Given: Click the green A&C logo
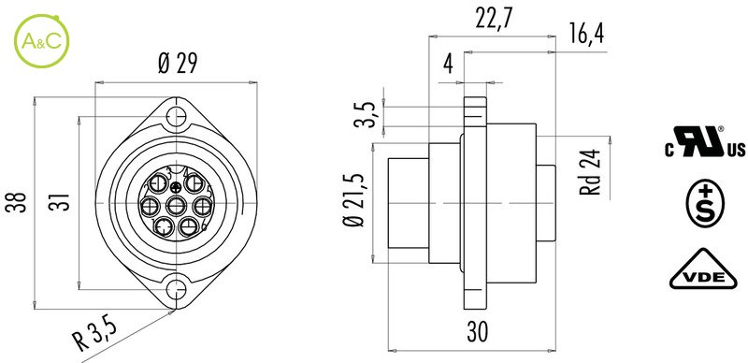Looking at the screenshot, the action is point(42,41).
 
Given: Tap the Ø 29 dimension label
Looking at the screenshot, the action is point(178,64).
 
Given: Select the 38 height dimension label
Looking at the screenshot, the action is point(14,202).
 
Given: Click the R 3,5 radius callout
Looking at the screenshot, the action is point(95,336).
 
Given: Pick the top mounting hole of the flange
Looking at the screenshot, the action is point(177,116).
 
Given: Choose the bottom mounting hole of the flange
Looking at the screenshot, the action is point(177,289).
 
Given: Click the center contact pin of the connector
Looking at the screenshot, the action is point(176,207).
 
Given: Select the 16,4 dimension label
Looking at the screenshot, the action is point(586,34).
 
